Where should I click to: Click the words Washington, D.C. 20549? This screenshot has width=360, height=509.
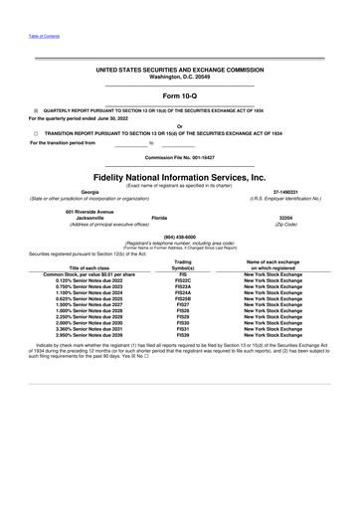tap(180, 77)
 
